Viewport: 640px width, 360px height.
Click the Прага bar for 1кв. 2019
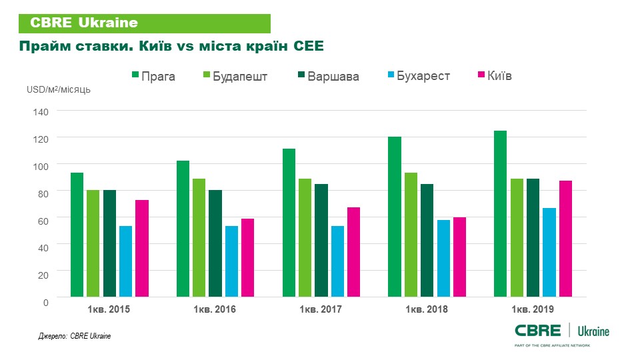(x=500, y=213)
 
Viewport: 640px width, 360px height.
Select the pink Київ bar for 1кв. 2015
(x=141, y=248)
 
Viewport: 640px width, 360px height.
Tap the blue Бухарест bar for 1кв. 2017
(x=337, y=261)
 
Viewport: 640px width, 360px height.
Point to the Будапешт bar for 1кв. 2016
(x=199, y=237)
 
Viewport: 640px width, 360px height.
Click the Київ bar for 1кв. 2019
(x=565, y=238)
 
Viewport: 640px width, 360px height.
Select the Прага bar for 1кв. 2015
(x=77, y=235)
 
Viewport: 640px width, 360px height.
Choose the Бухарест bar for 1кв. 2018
(x=443, y=258)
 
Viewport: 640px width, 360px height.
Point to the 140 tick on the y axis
(x=41, y=111)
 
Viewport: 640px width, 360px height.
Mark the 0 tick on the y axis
(x=45, y=302)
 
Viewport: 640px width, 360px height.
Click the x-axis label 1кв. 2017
(x=320, y=310)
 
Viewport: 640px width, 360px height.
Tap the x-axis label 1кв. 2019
(x=532, y=310)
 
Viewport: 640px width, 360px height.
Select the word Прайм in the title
(x=41, y=47)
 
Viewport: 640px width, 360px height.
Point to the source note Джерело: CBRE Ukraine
(x=74, y=336)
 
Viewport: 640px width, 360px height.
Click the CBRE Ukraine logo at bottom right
(x=562, y=331)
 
